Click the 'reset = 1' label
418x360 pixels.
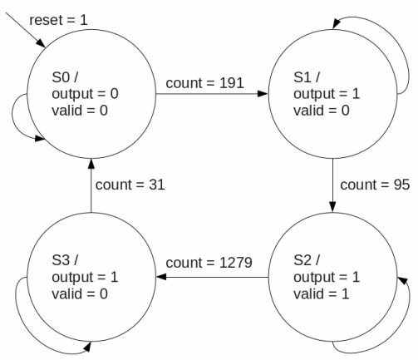[58, 20]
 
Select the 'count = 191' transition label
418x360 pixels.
[204, 83]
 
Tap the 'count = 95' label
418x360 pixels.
[375, 185]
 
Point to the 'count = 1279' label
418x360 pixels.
[209, 263]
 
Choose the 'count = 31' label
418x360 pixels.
[130, 185]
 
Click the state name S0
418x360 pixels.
[61, 77]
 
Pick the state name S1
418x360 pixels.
[302, 77]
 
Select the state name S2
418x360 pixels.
[302, 260]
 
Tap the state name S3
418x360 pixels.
[61, 260]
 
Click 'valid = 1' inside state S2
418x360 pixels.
[322, 293]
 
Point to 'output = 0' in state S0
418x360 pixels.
[85, 94]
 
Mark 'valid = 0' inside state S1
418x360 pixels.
[322, 111]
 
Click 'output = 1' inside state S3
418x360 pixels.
[85, 277]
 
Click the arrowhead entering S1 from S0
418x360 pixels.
[263, 94]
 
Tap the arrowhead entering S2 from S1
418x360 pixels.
[332, 207]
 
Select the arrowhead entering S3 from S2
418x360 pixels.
[161, 277]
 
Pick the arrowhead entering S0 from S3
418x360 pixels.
[91, 164]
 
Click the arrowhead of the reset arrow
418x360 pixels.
[42, 44]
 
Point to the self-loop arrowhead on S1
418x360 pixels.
[336, 24]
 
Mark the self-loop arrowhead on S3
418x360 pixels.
[87, 347]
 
